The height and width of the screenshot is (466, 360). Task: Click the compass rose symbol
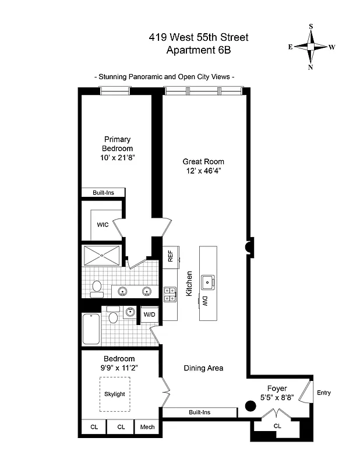(311, 47)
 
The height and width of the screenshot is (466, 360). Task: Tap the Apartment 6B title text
(199, 51)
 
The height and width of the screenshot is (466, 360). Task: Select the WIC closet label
(103, 224)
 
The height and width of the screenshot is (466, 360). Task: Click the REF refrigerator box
(170, 257)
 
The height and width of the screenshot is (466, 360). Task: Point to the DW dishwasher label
(205, 301)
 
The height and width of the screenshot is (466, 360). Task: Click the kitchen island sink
(207, 282)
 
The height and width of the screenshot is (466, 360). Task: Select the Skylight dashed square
(115, 394)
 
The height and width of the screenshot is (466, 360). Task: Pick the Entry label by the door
(324, 393)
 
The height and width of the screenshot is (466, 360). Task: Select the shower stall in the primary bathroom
(102, 256)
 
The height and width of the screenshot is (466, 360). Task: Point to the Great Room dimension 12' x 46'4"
(203, 171)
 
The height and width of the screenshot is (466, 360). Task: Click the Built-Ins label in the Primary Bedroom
(103, 193)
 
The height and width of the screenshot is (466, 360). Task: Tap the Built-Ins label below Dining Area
(199, 413)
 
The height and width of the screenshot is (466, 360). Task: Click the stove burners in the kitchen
(170, 294)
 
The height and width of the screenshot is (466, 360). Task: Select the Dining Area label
(203, 368)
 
